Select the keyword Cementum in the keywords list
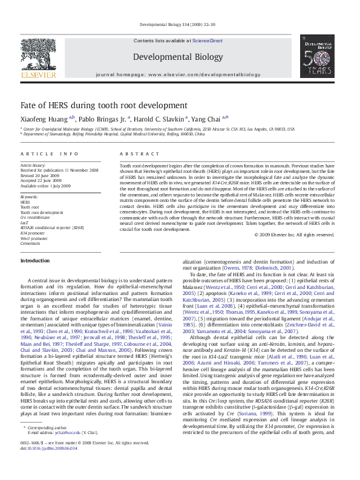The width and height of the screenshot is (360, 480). [30, 243]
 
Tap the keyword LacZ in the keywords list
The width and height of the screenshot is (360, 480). [25, 222]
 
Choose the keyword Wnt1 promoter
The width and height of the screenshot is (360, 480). [34, 238]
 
